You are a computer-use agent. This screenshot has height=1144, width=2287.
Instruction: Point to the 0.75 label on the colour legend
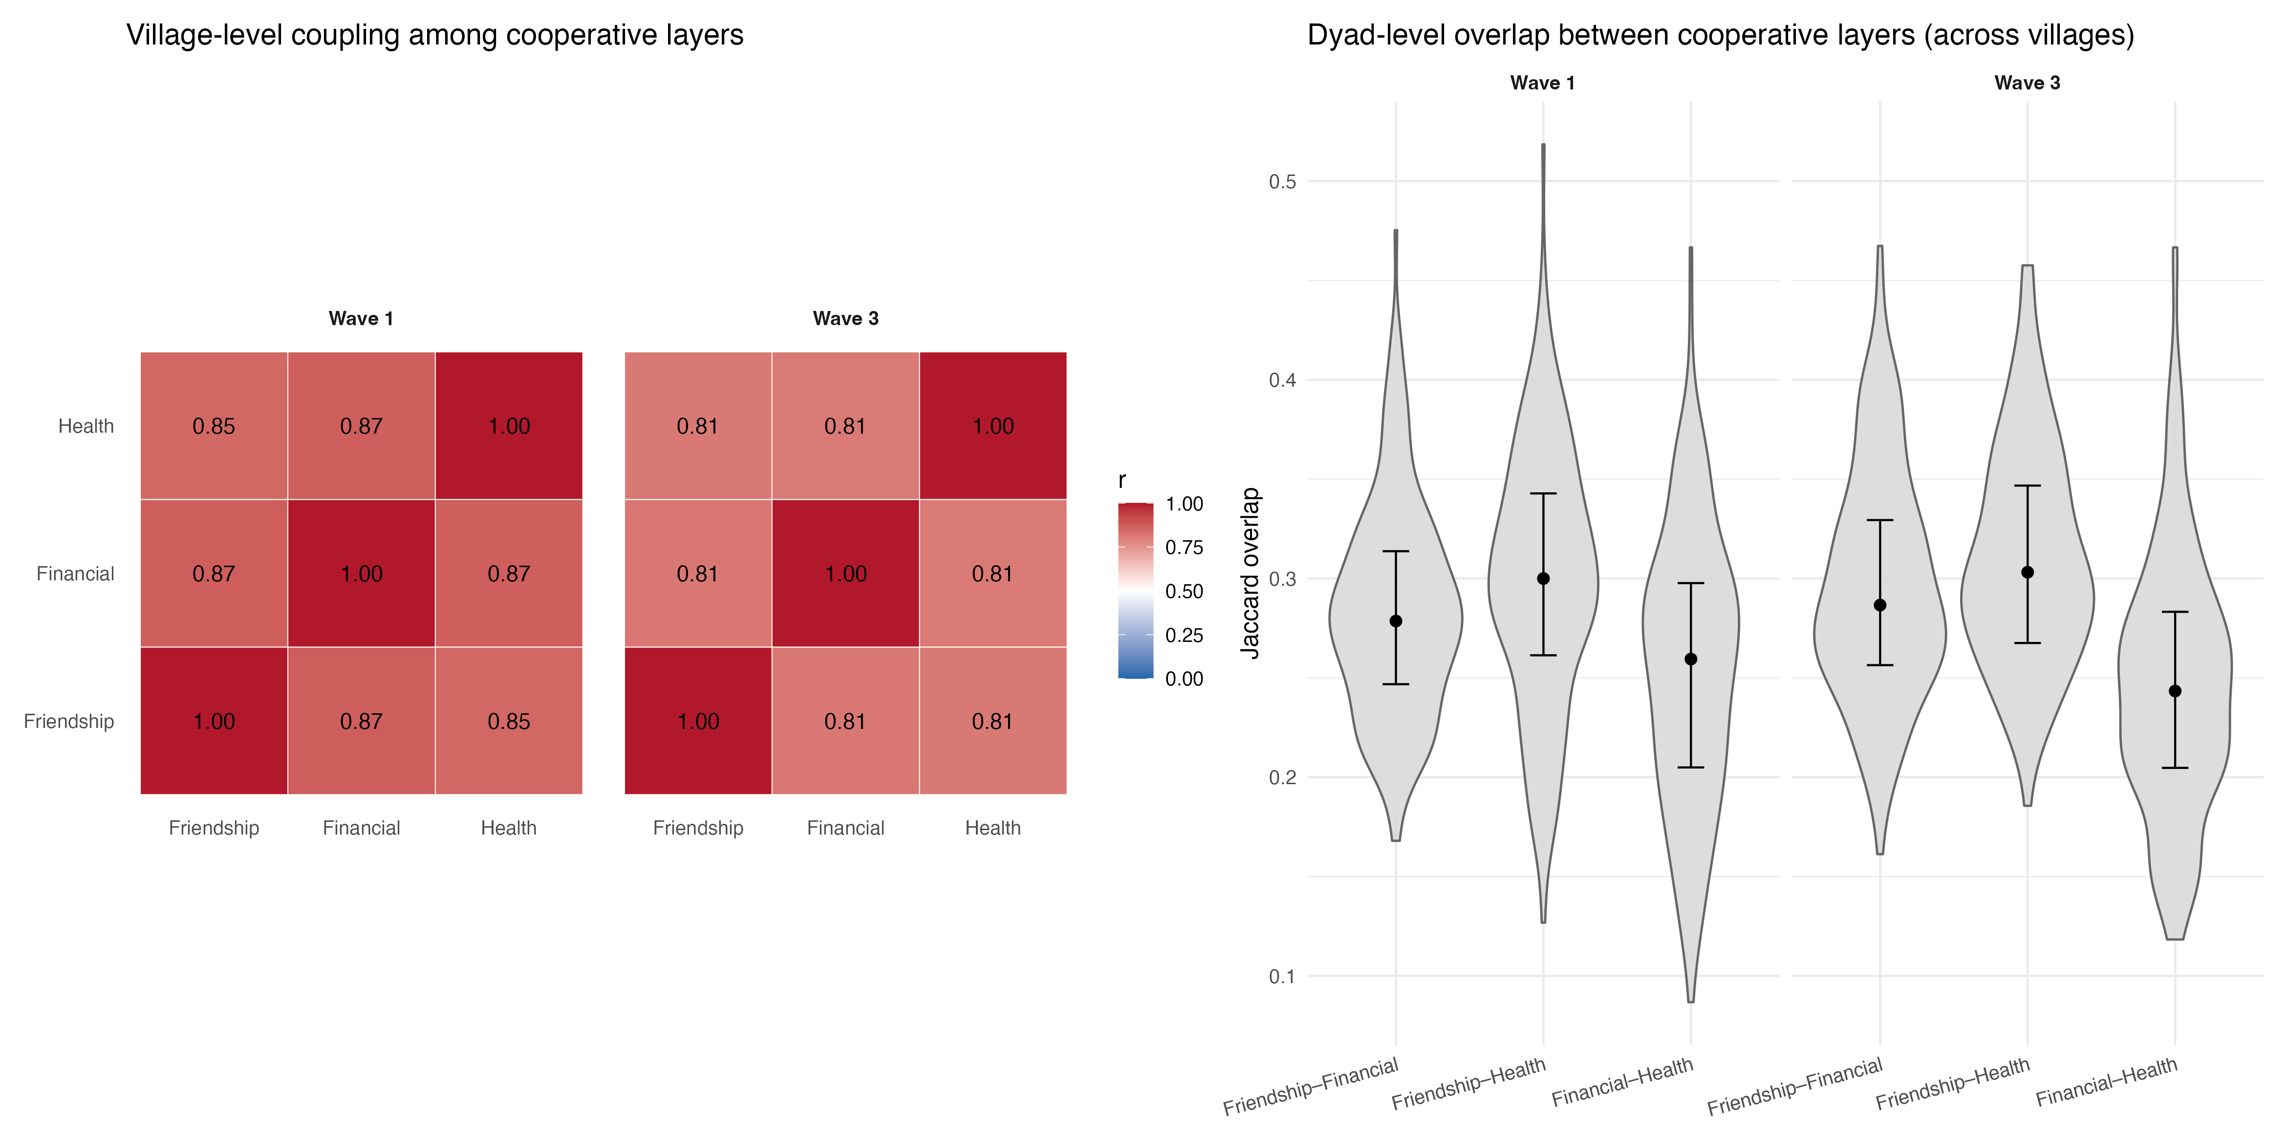[x=1184, y=547]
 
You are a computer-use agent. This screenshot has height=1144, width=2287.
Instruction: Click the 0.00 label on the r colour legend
[x=1184, y=679]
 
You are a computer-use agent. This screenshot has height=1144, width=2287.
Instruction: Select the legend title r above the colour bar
[x=1122, y=481]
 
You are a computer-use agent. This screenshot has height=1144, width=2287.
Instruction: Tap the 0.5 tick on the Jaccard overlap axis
[x=1282, y=181]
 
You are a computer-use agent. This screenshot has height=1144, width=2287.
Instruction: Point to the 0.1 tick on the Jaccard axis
[x=1282, y=976]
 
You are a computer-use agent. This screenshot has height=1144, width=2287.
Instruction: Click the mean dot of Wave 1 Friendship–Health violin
[x=1543, y=578]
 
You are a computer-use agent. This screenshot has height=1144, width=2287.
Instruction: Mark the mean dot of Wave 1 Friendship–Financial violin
[x=1396, y=621]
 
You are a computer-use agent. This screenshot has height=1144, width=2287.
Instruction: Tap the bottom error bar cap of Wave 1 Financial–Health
[x=1690, y=767]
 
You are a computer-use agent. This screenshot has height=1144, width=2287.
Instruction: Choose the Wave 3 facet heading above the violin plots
[x=2027, y=83]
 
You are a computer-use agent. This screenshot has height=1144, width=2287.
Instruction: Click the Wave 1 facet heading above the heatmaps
[x=361, y=318]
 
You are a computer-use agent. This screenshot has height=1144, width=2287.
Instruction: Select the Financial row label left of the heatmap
[x=75, y=574]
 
